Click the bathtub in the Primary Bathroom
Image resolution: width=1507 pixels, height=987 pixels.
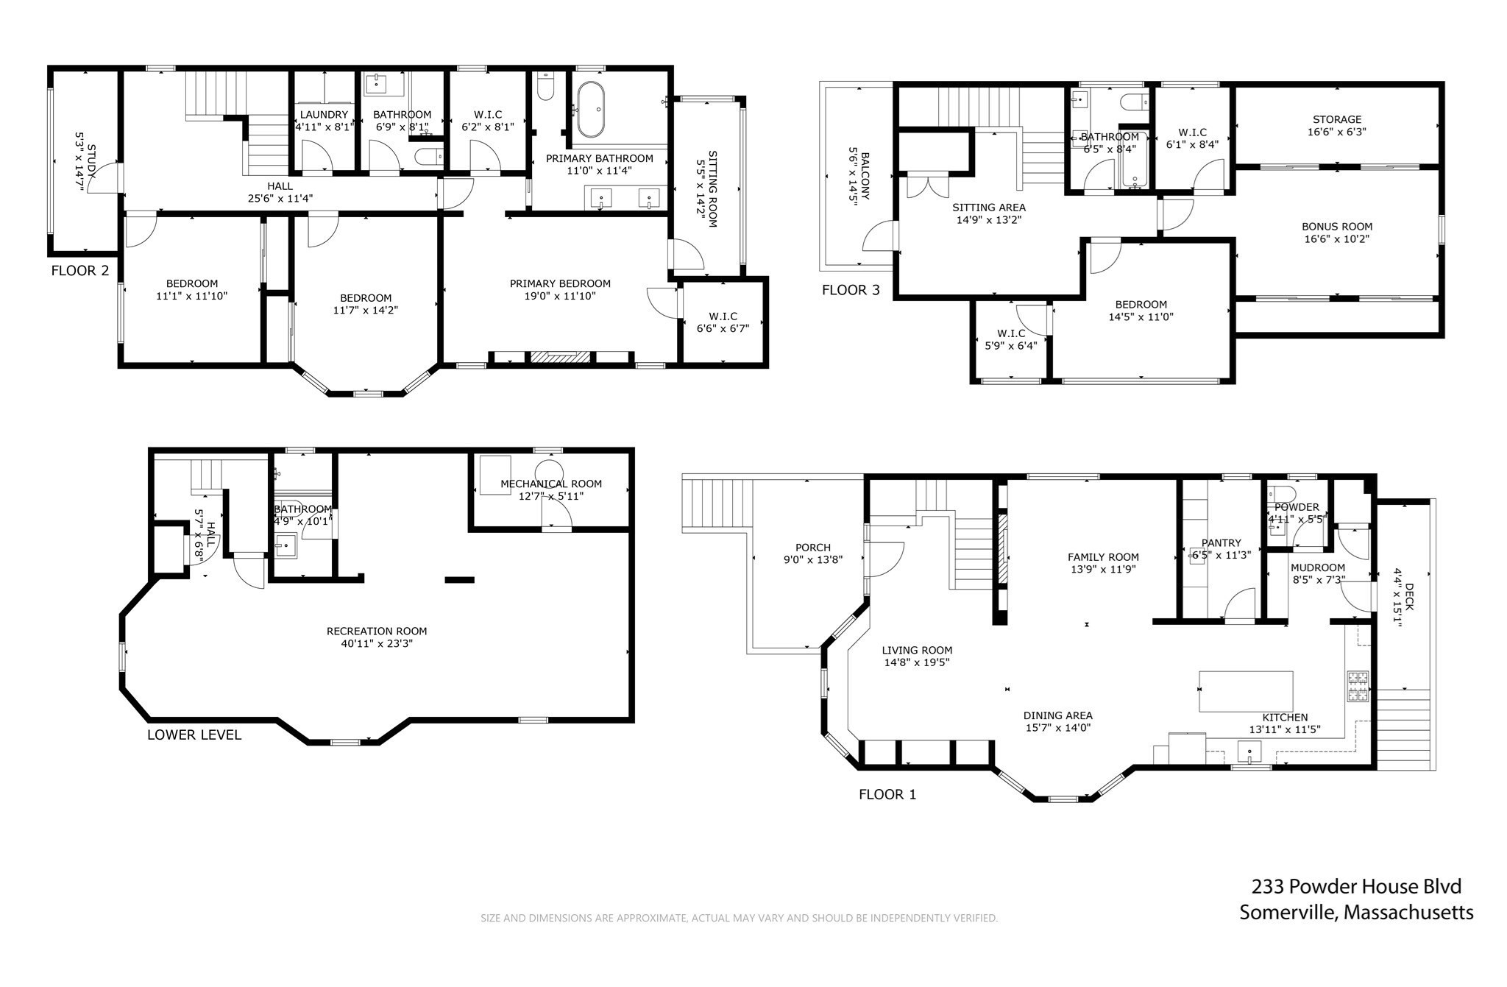pos(591,110)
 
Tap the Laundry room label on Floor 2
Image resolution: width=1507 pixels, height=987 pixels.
pos(324,115)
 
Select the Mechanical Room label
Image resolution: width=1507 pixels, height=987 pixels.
pos(551,484)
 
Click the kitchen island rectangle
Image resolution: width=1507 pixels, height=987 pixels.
pos(1246,691)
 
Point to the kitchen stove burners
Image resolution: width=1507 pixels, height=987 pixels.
pos(1358,687)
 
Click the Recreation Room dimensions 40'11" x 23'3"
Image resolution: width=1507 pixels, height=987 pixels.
pos(377,643)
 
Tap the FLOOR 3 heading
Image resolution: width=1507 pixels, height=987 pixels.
pos(851,290)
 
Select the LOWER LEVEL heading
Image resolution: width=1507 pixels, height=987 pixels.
pos(194,735)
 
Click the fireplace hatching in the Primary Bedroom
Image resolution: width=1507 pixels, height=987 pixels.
pos(561,357)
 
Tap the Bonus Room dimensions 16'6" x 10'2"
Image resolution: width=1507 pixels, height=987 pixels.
pos(1337,238)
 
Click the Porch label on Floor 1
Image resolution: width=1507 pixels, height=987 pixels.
pos(813,548)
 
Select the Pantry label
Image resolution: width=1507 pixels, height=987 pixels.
pos(1221,543)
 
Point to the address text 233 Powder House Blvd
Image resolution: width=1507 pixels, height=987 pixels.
pos(1357,886)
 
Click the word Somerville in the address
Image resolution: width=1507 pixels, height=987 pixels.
pos(1288,913)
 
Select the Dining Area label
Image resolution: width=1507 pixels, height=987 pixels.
pos(1058,715)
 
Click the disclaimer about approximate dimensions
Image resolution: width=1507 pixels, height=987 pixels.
pos(739,918)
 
